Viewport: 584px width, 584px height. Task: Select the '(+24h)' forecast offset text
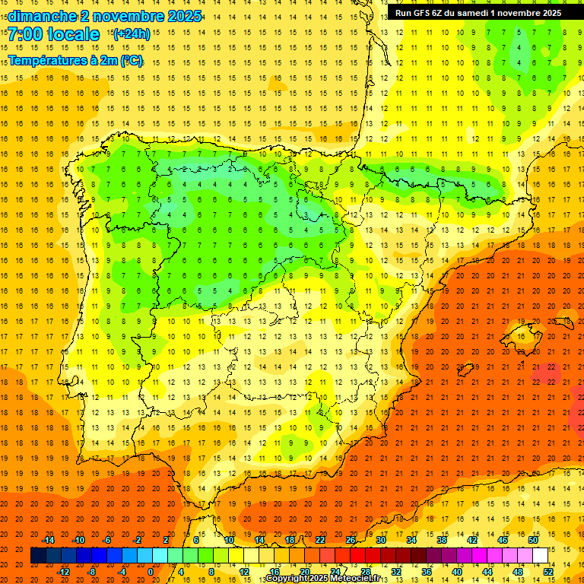pos(132,33)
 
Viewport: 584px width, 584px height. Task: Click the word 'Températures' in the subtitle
pos(47,60)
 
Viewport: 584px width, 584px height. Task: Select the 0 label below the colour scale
pos(151,572)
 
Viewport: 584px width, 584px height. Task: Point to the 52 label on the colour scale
pos(548,572)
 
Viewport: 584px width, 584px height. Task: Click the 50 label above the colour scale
pos(533,540)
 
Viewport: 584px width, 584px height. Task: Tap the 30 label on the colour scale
pos(381,540)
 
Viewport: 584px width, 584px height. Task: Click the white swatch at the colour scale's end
pos(541,556)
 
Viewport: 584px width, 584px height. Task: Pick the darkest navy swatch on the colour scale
pos(38,556)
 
